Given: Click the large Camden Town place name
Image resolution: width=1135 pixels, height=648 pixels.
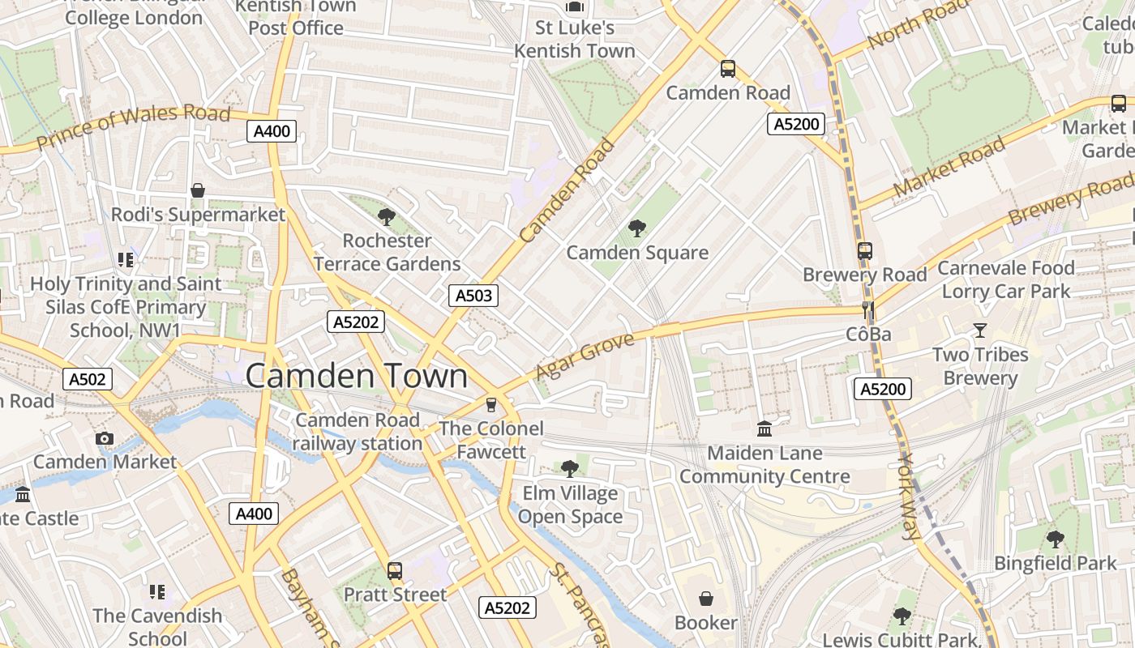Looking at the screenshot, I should coord(356,376).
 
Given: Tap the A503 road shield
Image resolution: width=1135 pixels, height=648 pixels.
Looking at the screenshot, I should coord(473,296).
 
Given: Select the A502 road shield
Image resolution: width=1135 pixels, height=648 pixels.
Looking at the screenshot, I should coord(87,379).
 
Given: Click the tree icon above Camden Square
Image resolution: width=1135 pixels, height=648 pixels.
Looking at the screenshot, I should coord(637,228).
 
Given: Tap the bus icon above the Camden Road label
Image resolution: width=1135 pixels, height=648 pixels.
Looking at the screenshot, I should coord(728,69).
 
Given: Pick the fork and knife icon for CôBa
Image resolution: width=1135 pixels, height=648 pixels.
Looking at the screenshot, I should coord(868,309).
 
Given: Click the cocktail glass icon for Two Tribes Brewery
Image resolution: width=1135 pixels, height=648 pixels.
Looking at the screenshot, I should coord(980,330).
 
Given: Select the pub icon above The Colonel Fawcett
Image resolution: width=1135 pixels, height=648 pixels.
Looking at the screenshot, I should coord(490,404).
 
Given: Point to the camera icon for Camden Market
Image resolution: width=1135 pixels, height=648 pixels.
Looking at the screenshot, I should coord(104,438).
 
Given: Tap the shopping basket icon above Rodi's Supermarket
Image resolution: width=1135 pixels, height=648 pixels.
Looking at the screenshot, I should coord(198,190).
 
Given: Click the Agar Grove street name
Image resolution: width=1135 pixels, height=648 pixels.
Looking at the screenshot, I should coord(585,356).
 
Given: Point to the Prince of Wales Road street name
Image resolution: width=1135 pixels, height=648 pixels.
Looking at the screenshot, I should coord(134,126).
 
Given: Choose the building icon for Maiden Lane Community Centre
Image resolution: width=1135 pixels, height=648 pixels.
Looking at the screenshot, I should coord(765,428).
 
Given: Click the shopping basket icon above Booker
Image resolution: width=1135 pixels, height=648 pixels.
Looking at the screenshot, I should coord(706,599).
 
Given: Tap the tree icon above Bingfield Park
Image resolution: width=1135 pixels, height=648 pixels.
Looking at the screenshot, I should coord(1055,539).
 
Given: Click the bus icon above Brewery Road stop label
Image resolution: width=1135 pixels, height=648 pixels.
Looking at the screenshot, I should coord(865,251).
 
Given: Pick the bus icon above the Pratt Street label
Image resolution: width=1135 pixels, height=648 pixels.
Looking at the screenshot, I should coord(395,570).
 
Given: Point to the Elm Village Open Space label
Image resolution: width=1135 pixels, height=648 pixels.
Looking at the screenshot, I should coord(570,505).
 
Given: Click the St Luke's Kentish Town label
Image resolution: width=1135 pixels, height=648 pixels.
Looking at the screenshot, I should coord(575,39).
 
